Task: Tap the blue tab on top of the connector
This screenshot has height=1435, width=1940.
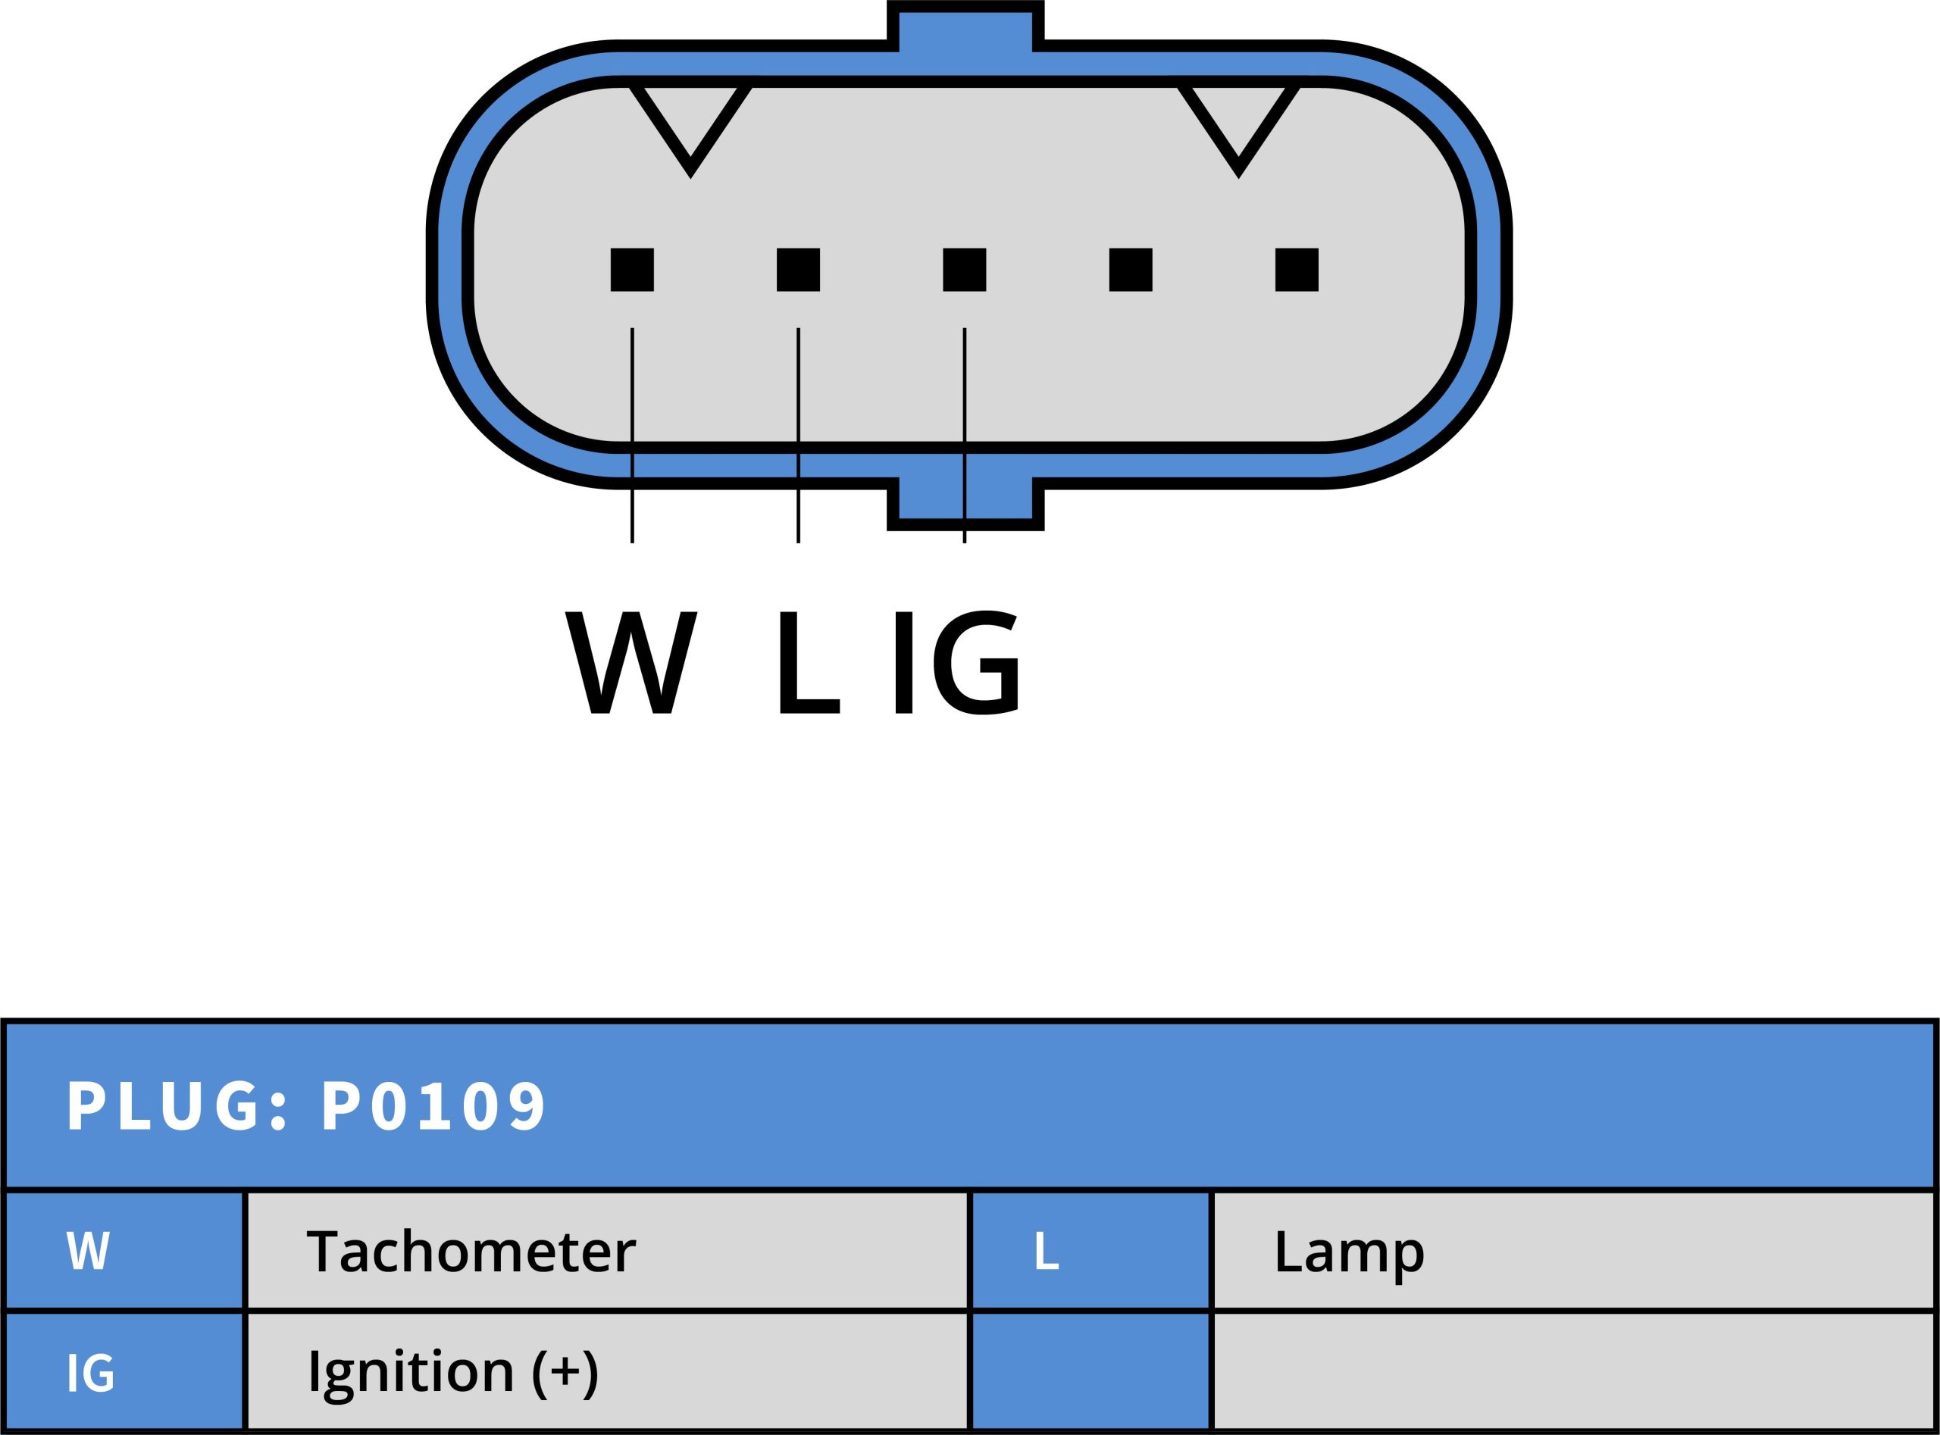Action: click(x=965, y=26)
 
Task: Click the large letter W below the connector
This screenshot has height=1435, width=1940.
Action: click(x=631, y=663)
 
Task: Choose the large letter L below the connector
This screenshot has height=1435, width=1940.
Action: click(x=809, y=663)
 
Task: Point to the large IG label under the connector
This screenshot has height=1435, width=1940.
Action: click(x=956, y=663)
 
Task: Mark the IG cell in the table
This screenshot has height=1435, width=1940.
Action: click(x=90, y=1372)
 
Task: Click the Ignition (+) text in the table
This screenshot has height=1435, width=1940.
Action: click(x=452, y=1372)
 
